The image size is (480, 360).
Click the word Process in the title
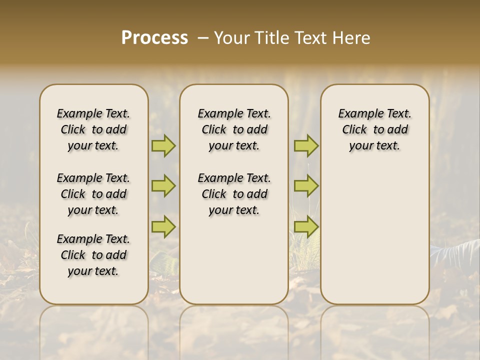tap(154, 38)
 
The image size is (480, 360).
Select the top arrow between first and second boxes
tap(163, 146)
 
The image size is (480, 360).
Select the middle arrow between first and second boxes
tap(163, 186)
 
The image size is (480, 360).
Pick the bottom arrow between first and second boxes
tap(163, 227)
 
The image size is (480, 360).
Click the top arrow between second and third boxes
tap(306, 146)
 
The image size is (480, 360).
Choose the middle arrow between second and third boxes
tap(306, 186)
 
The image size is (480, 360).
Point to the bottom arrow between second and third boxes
tap(306, 227)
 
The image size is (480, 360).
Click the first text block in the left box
tap(93, 129)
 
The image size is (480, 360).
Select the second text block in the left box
tap(93, 194)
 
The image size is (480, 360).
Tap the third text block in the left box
tap(93, 255)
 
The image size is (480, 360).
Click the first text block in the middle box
tap(234, 129)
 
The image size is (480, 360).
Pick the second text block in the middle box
tap(234, 194)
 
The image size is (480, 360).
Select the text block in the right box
tap(375, 129)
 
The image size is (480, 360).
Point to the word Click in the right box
tap(354, 130)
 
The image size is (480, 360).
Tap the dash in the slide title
tap(202, 38)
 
